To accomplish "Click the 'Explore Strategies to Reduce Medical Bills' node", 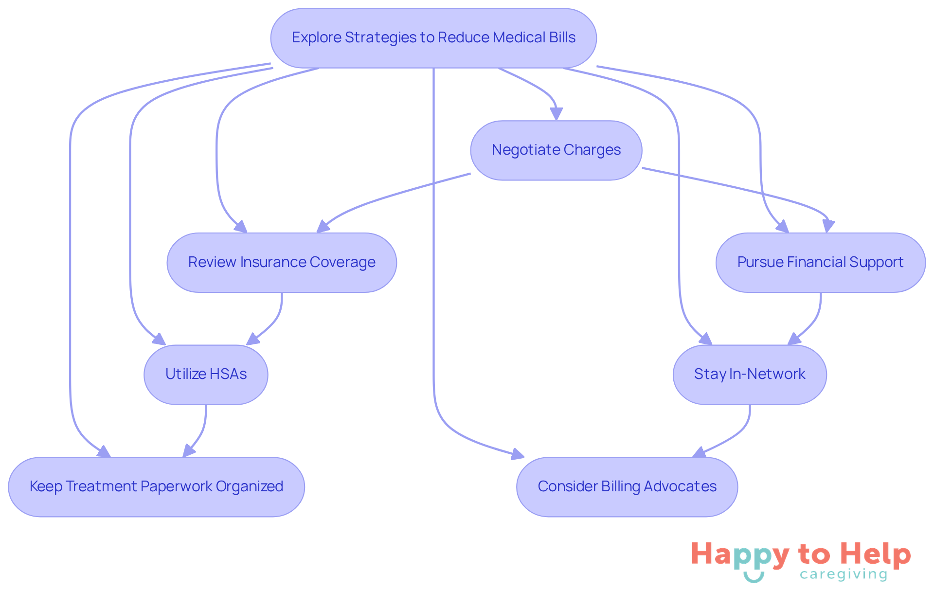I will click(433, 38).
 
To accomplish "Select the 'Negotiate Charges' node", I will click(556, 150).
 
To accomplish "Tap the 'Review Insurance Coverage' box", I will click(282, 263).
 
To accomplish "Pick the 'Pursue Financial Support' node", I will click(820, 263).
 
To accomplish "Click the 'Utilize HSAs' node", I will click(206, 375).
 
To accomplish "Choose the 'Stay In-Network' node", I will click(749, 375).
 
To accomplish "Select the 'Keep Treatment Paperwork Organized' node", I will click(156, 487).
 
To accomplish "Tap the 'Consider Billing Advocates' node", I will click(627, 487).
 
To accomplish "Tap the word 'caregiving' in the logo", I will click(844, 575).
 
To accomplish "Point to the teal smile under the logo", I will click(754, 577).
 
